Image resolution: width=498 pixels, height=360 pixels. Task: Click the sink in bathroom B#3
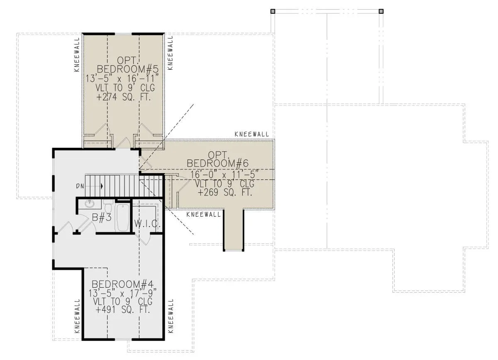89,204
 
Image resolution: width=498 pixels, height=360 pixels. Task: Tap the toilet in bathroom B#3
108,206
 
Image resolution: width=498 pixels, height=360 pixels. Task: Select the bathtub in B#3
123,218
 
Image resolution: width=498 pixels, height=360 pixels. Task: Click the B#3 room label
102,218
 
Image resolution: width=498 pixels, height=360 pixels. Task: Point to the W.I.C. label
147,224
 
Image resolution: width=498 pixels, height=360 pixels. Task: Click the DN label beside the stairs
80,186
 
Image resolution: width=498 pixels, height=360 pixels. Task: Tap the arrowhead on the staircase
102,186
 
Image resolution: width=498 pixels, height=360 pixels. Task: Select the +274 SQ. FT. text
124,97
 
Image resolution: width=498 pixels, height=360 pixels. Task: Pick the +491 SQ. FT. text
123,310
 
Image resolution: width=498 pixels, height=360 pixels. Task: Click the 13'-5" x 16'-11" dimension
122,78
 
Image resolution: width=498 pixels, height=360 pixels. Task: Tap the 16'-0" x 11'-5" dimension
225,174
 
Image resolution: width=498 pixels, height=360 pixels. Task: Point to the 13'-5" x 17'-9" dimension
122,293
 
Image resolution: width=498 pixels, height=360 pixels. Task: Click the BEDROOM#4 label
122,284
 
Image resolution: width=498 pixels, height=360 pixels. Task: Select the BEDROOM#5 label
128,69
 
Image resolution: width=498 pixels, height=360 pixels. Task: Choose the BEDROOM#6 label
217,164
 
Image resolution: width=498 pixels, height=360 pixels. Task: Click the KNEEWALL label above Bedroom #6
251,134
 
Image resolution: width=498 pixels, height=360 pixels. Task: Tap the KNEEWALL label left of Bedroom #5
77,54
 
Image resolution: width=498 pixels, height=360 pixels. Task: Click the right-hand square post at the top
381,11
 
